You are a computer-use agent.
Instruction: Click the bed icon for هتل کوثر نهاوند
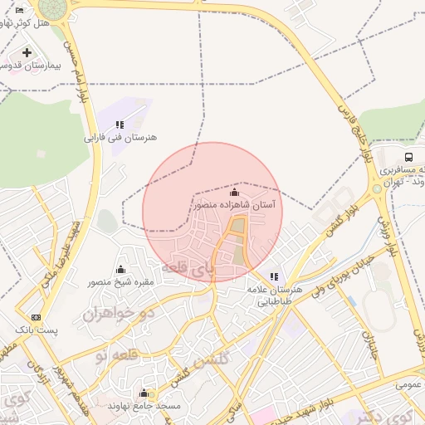coord(19,10)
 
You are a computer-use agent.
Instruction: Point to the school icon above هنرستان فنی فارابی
coord(120,125)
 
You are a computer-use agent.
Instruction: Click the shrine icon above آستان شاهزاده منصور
coord(234,192)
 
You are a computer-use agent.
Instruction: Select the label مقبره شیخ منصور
coord(121,282)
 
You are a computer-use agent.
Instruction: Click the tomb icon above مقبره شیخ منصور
coord(121,269)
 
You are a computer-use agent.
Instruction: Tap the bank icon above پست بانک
coord(36,317)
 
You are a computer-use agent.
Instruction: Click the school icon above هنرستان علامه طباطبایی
coord(274,276)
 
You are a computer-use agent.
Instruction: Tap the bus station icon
coord(408,157)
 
